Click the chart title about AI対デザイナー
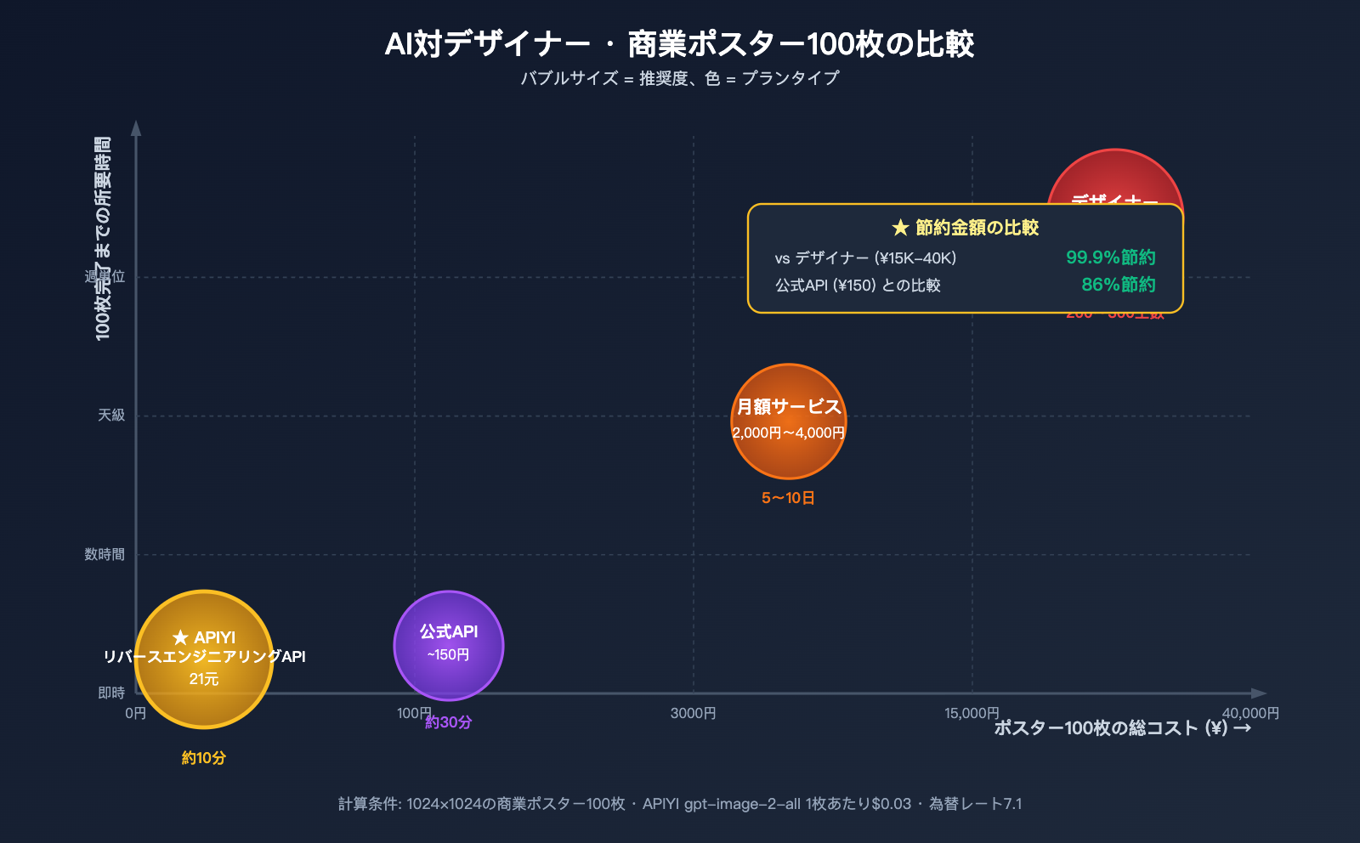coord(679,44)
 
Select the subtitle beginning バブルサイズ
coord(679,78)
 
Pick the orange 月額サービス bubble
coord(788,420)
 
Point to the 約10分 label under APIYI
coord(204,758)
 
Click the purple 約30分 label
coord(449,722)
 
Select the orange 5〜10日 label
coord(788,498)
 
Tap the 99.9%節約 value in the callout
coord(1110,257)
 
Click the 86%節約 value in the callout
coord(1118,285)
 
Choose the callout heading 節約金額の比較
coord(966,228)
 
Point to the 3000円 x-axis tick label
coord(693,714)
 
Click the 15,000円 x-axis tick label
coord(972,714)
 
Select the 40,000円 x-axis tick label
coord(1250,714)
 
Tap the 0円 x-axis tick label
coord(135,714)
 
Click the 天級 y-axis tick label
coord(111,416)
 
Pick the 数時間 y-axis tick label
coord(105,555)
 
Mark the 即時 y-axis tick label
coord(111,693)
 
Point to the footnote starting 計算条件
coord(679,804)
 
